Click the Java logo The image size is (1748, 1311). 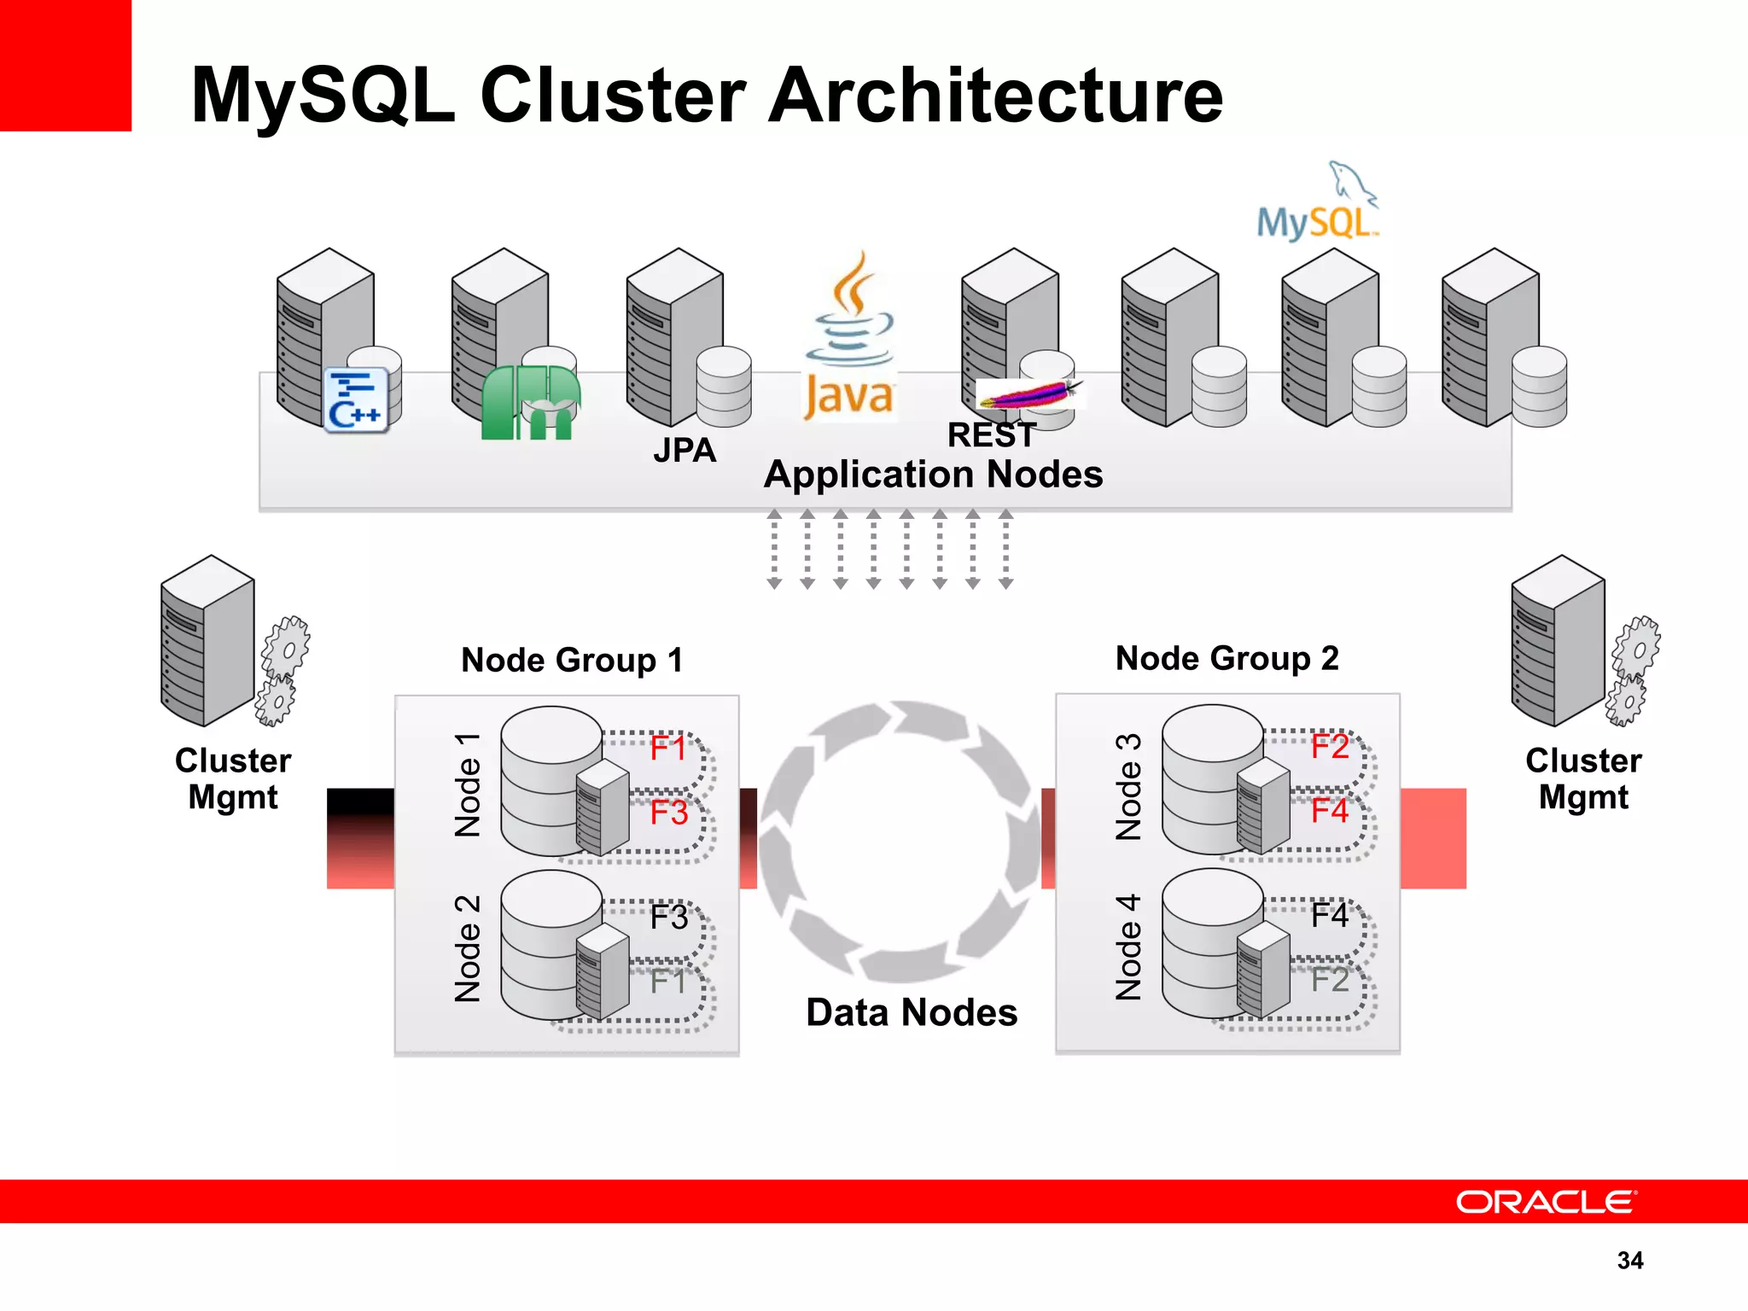[x=849, y=337]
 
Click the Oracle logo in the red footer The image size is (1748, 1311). [x=1546, y=1202]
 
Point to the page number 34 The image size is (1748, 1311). [x=1629, y=1260]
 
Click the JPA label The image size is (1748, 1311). [x=685, y=450]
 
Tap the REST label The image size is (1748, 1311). [x=991, y=435]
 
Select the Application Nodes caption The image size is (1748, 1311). [x=933, y=475]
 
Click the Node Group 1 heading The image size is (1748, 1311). [x=572, y=660]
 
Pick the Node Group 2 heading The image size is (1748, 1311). [x=1227, y=658]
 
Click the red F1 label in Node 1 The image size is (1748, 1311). [x=667, y=749]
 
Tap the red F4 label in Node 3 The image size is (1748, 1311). [x=1329, y=811]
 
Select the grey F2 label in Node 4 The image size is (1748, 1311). [x=1329, y=980]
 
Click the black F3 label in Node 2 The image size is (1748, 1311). [x=668, y=918]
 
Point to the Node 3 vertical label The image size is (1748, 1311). [x=1128, y=786]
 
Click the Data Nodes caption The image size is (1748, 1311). [x=912, y=1013]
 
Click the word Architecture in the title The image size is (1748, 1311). [x=995, y=96]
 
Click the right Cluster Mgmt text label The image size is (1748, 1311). [x=1583, y=778]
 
